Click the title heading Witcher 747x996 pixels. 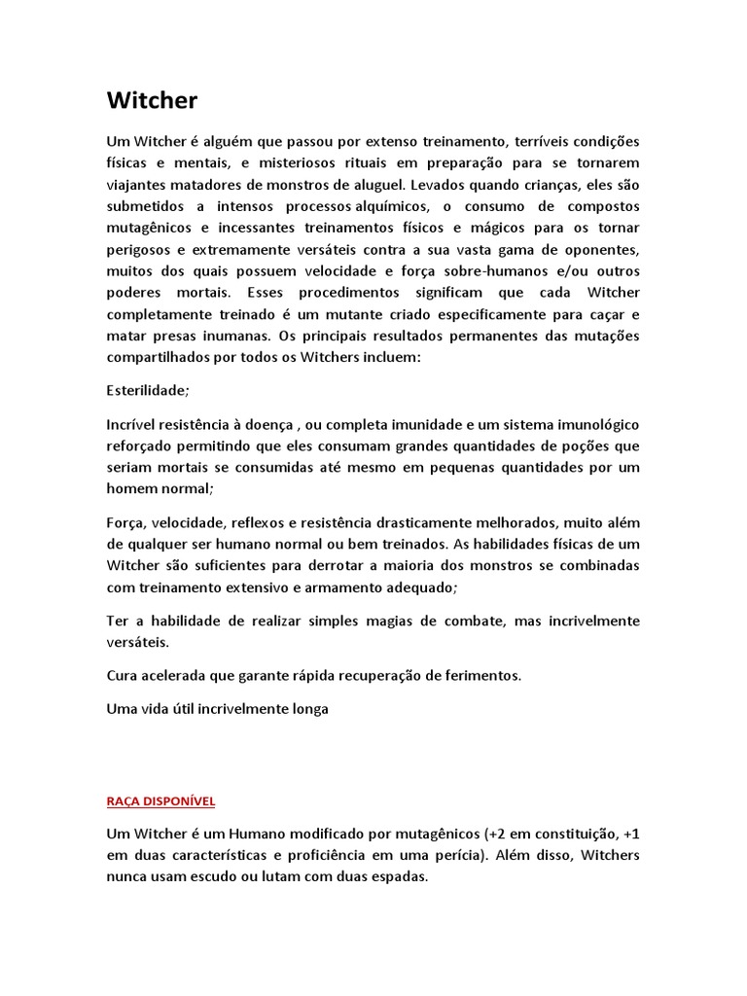tap(152, 100)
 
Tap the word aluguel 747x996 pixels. tap(375, 184)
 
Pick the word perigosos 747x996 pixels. tap(139, 248)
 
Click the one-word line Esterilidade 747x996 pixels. tap(147, 390)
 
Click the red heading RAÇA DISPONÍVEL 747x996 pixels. tap(160, 801)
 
